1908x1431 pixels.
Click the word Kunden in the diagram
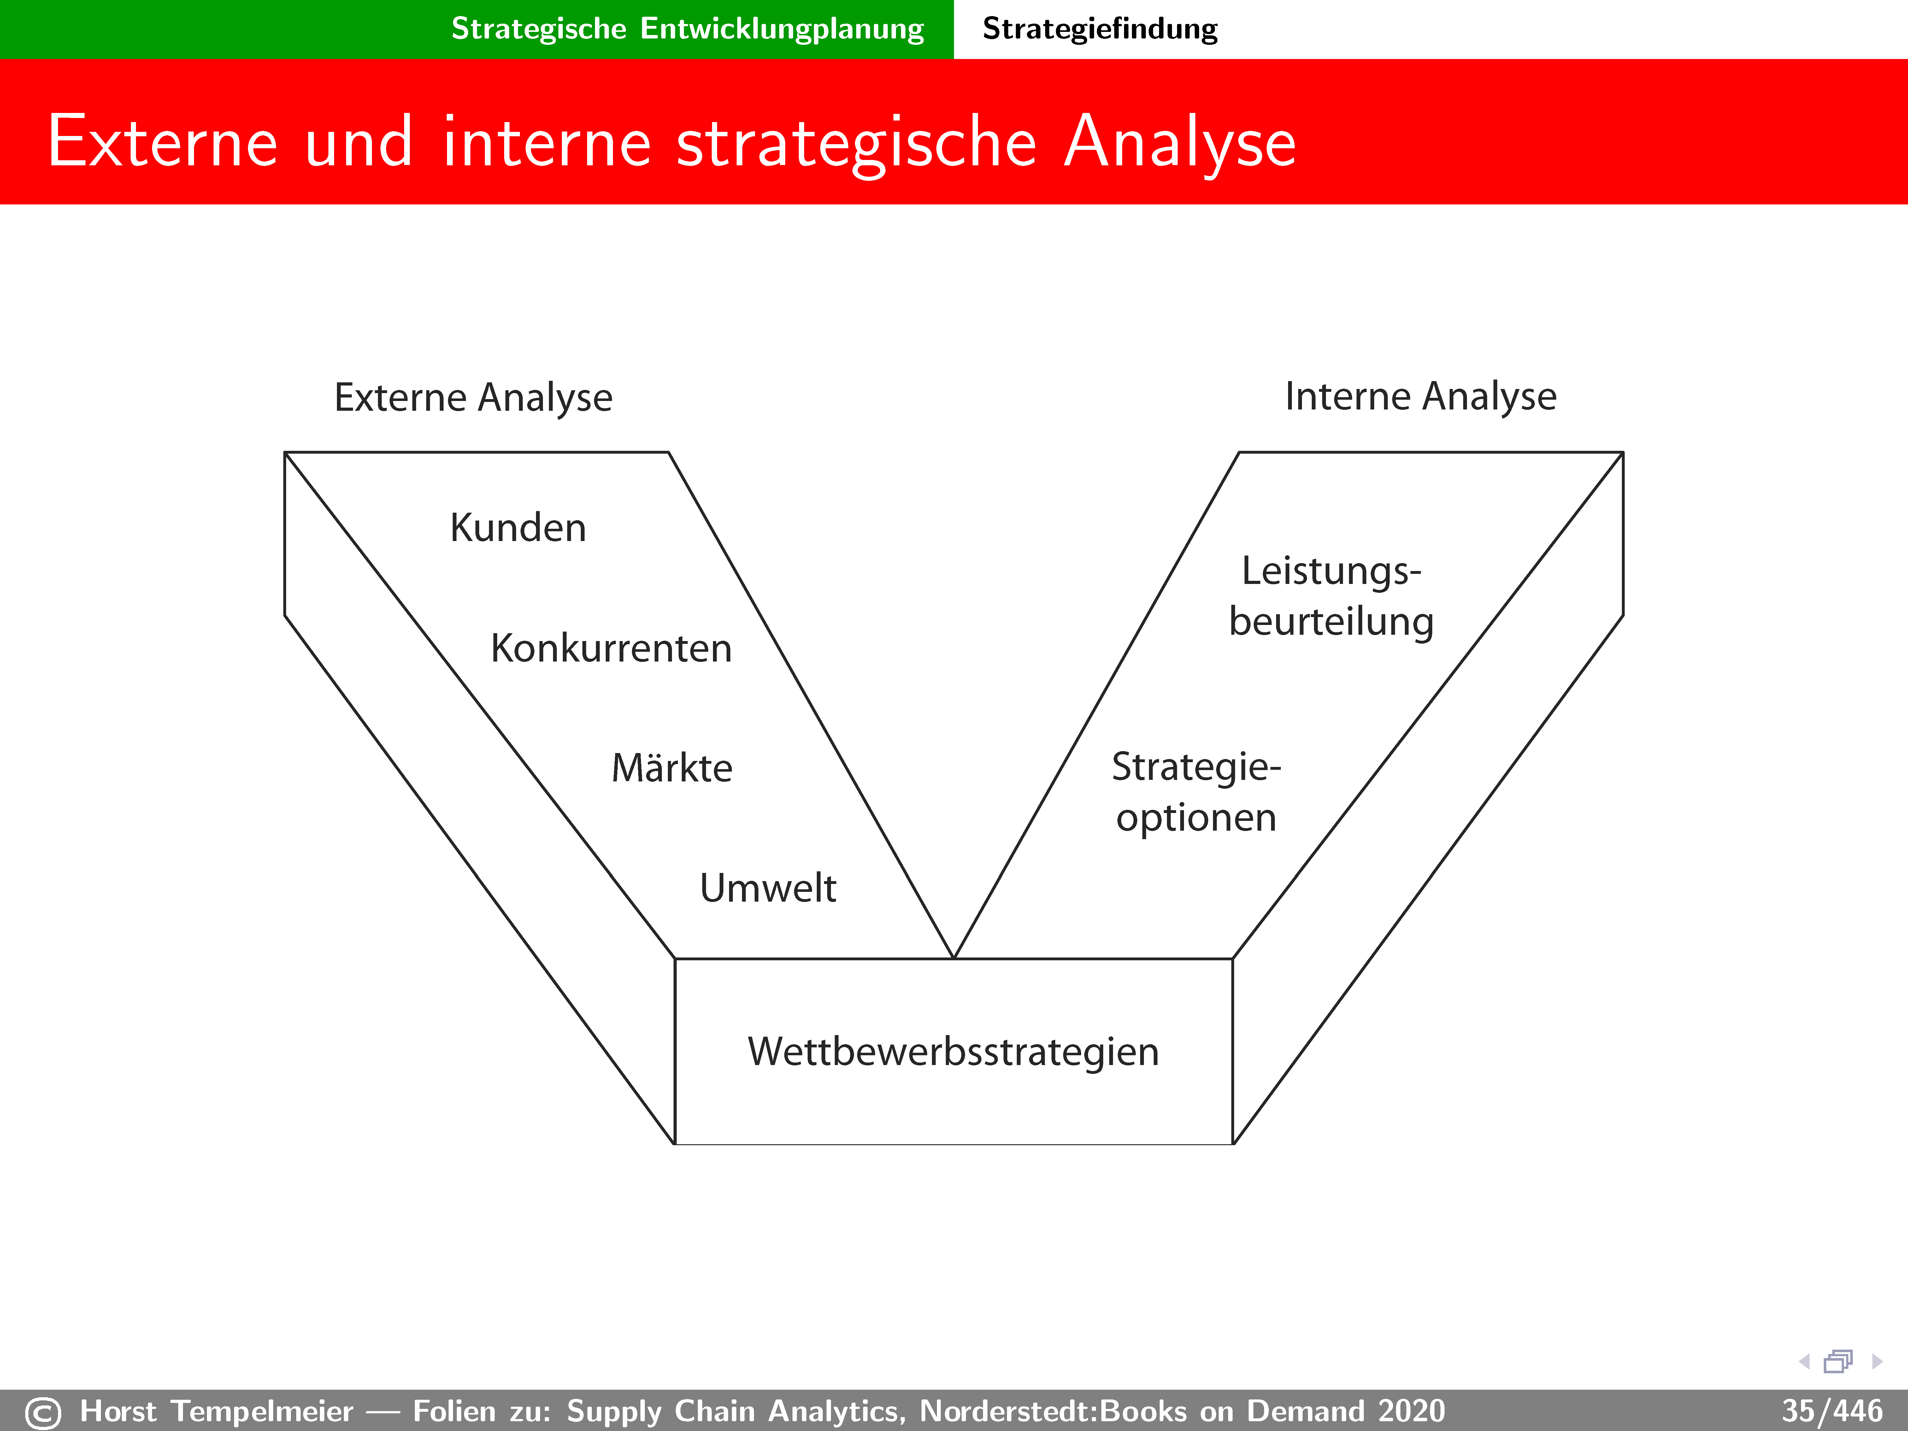[518, 527]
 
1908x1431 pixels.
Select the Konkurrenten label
[611, 648]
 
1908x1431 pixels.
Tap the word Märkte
[672, 767]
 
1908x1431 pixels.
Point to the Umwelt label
[768, 887]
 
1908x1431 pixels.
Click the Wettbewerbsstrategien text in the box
[953, 1051]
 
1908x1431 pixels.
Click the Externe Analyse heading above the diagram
[473, 397]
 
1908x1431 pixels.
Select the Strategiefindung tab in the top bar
[1100, 28]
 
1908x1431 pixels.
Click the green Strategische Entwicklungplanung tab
[687, 28]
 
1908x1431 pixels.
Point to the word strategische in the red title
[856, 143]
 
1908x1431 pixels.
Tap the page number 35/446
[1831, 1411]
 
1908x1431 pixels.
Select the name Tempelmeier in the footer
[262, 1411]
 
